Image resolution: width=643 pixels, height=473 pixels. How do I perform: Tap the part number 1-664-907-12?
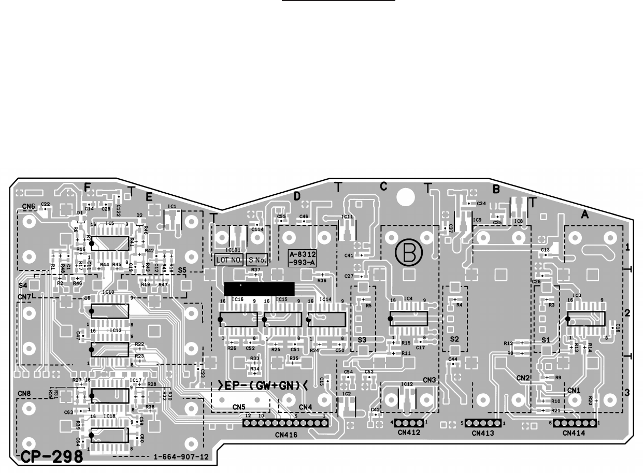(181, 457)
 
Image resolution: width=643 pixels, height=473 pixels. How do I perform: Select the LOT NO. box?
(229, 260)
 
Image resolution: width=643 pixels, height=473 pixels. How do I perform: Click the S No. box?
(257, 260)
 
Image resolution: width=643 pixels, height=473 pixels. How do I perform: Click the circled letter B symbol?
(409, 253)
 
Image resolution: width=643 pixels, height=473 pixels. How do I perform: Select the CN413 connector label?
(483, 432)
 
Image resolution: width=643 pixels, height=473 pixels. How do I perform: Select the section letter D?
(297, 196)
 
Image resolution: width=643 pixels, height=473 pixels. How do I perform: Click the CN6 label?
(28, 206)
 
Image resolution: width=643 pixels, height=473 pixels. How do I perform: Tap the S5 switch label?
(182, 270)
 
